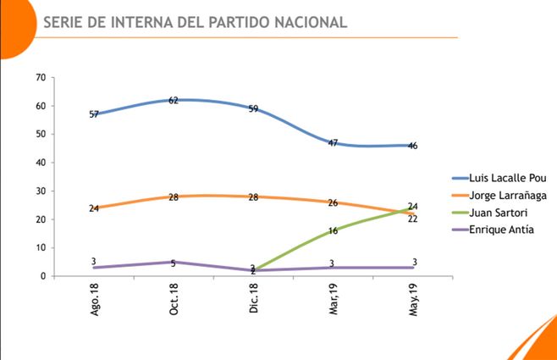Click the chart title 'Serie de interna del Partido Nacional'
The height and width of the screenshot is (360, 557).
195,23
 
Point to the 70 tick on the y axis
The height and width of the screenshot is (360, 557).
40,77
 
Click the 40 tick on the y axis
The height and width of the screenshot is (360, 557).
40,163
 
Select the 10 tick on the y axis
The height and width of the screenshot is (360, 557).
40,247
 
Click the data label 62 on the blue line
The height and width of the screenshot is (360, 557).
174,100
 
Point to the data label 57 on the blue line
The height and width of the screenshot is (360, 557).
95,114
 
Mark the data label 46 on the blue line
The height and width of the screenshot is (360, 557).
412,146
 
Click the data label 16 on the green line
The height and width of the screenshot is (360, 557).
333,230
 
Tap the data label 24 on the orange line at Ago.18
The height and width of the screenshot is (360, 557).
95,208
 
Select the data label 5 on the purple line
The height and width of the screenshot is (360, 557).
174,263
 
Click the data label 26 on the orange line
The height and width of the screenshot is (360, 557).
333,202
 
